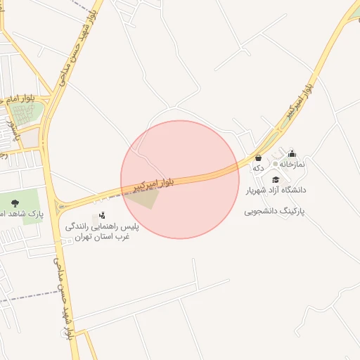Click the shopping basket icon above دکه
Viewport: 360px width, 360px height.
259,158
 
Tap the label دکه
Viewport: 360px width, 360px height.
259,168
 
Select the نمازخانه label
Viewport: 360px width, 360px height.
292,164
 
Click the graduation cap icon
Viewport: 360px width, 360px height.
276,179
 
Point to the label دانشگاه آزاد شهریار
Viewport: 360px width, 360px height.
276,190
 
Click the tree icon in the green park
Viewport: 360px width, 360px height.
15,203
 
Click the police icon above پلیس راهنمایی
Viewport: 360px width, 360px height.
103,216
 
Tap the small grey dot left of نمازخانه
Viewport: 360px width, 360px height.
275,164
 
